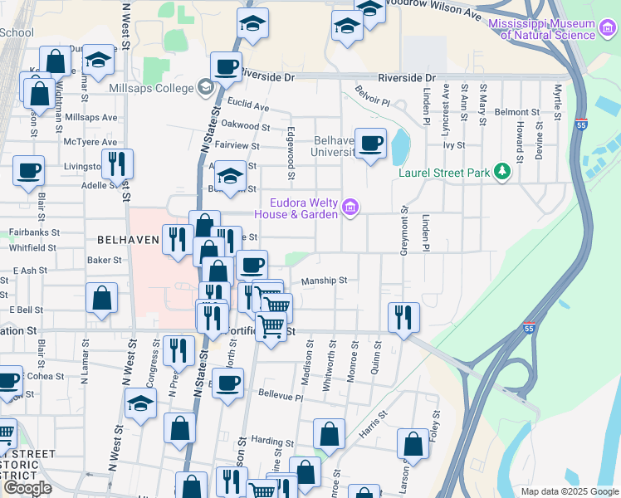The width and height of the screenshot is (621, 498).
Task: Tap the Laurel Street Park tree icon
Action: click(501, 172)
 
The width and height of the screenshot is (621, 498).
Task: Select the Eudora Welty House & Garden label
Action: click(303, 208)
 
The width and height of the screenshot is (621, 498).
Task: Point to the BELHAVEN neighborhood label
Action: click(128, 240)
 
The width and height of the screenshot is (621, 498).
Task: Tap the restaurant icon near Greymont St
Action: click(403, 316)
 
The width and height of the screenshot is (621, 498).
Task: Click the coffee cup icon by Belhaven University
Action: click(370, 143)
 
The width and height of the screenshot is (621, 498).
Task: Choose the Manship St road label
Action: click(324, 281)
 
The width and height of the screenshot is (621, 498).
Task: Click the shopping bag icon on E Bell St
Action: click(101, 298)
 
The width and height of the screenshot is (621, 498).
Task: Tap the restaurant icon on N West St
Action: click(116, 164)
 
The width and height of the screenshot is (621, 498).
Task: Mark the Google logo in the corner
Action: click(27, 488)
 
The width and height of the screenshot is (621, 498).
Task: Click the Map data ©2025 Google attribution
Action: click(569, 491)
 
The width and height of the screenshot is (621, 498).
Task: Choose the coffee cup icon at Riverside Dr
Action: click(225, 67)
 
